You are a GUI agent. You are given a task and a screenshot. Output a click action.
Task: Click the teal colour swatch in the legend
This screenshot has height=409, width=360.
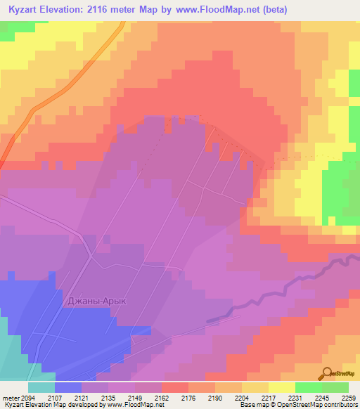tap(41, 387)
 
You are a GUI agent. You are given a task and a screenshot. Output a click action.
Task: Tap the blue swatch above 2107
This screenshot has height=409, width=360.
tap(68, 387)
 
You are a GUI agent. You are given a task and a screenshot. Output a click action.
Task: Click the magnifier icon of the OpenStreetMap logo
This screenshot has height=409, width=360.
tap(327, 373)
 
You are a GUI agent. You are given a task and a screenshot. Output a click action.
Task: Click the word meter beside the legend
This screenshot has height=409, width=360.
tap(10, 397)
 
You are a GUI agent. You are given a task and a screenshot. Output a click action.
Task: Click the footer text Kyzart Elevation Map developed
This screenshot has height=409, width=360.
tap(42, 405)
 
